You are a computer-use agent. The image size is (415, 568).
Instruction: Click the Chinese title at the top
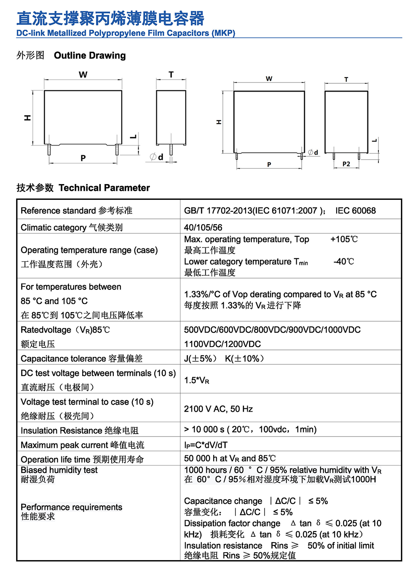tap(110, 19)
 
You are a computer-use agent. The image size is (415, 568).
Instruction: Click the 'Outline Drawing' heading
tap(90, 56)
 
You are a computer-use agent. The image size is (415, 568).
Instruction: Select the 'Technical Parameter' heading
tap(104, 188)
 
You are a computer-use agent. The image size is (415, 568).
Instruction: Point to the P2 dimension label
tap(346, 164)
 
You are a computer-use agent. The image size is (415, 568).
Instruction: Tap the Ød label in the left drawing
tap(157, 157)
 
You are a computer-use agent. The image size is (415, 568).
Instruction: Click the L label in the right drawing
tap(374, 140)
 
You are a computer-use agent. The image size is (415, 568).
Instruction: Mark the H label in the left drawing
tap(27, 118)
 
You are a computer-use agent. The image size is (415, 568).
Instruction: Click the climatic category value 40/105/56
tap(203, 228)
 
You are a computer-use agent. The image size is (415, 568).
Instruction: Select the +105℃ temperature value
tap(344, 239)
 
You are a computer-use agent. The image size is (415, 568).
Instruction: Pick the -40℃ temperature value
tap(344, 262)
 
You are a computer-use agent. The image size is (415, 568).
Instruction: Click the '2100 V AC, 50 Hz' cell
tap(218, 409)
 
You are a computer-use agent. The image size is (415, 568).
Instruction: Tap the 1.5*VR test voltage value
tap(197, 380)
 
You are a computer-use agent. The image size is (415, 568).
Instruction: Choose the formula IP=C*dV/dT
tap(206, 445)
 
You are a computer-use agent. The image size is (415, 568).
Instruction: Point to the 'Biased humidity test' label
tap(59, 470)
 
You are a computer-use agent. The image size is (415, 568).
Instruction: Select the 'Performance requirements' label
tap(71, 507)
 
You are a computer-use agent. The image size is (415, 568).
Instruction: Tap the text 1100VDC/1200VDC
tap(222, 344)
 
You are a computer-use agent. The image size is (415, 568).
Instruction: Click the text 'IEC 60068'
tap(356, 211)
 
